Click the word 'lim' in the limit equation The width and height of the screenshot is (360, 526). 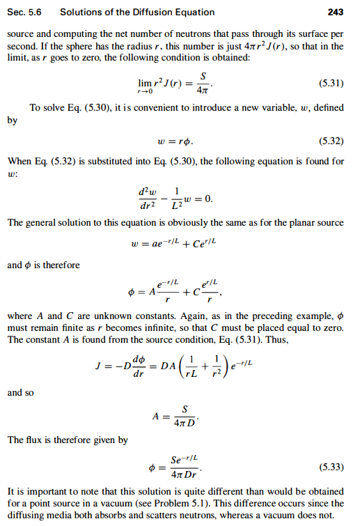click(146, 80)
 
